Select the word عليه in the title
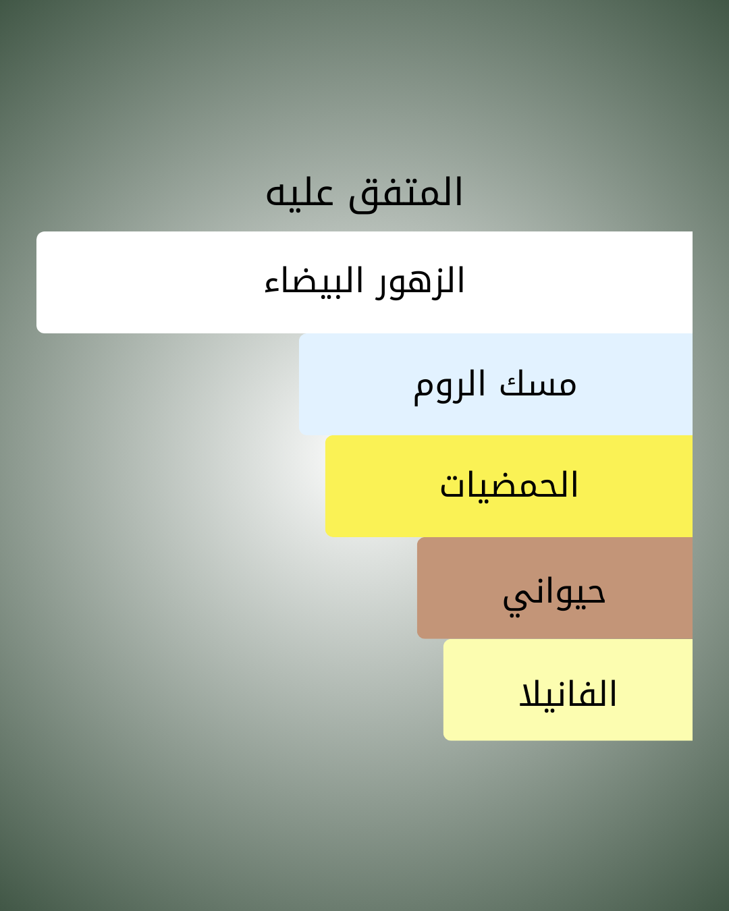click(x=300, y=195)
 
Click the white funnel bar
click(x=364, y=282)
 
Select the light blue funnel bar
click(x=495, y=385)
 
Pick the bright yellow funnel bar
click(x=509, y=486)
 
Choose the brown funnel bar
click(x=555, y=588)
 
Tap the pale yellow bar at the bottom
click(x=568, y=690)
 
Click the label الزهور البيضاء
click(x=364, y=282)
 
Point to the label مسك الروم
click(x=495, y=386)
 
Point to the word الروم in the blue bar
click(x=449, y=387)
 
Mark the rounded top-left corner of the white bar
click(x=38, y=233)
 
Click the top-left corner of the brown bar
click(x=418, y=539)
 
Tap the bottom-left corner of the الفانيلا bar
click(x=445, y=739)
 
